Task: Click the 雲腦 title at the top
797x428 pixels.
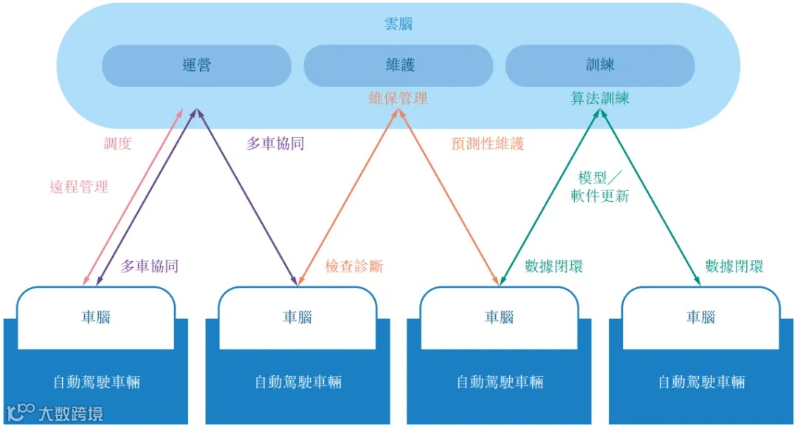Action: click(x=398, y=24)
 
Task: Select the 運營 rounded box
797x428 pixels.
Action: click(x=196, y=66)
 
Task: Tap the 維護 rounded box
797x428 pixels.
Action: click(x=398, y=66)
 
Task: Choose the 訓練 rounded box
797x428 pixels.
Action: click(x=600, y=66)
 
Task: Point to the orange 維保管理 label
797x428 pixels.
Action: click(x=398, y=98)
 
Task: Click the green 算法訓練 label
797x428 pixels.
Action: click(x=600, y=98)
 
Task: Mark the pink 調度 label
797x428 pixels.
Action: click(x=117, y=144)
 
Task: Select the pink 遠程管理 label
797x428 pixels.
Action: click(x=79, y=187)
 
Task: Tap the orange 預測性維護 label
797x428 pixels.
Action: click(x=488, y=144)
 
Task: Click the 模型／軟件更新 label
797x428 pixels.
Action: click(x=600, y=187)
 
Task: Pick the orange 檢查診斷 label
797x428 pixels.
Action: click(x=354, y=266)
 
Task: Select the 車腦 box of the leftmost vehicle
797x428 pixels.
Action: click(x=96, y=317)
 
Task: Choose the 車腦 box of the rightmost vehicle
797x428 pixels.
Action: click(x=701, y=317)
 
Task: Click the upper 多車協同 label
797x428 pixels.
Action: click(x=275, y=144)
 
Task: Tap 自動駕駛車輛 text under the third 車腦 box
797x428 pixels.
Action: click(x=500, y=382)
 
